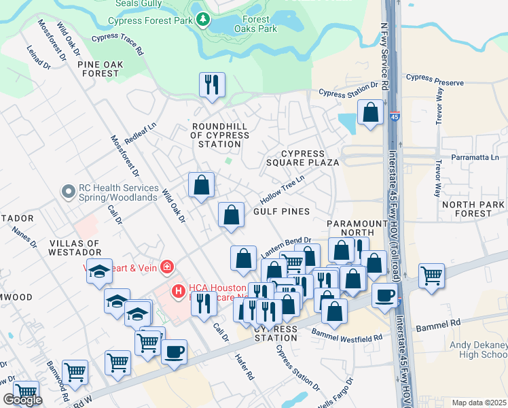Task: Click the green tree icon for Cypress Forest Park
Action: pyautogui.click(x=202, y=20)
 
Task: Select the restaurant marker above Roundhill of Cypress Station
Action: pyautogui.click(x=212, y=86)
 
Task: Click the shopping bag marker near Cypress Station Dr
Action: pyautogui.click(x=371, y=114)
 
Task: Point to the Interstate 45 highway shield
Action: pyautogui.click(x=395, y=118)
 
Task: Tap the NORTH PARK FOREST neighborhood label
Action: pyautogui.click(x=473, y=209)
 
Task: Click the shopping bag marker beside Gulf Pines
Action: pyautogui.click(x=232, y=215)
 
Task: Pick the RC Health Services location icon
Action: pyautogui.click(x=67, y=192)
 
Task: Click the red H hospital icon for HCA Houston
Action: pyautogui.click(x=179, y=292)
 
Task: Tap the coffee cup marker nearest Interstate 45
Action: pyautogui.click(x=385, y=296)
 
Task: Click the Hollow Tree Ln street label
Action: pyautogui.click(x=282, y=191)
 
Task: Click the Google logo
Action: pyautogui.click(x=22, y=400)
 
